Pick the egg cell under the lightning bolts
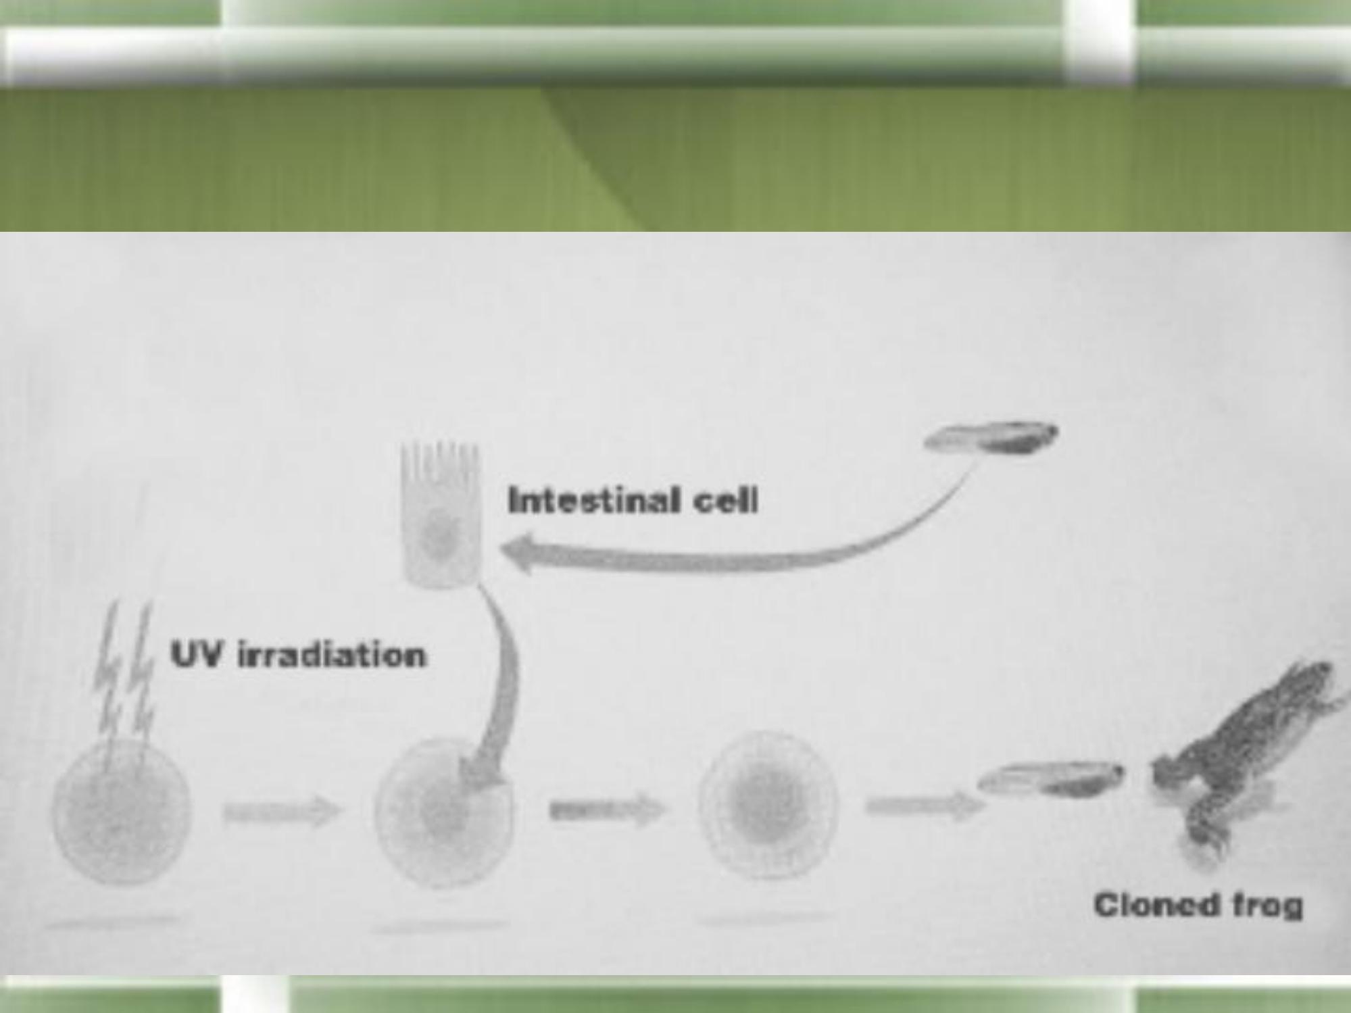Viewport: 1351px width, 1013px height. (122, 811)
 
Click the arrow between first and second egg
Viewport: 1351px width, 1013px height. (283, 811)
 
